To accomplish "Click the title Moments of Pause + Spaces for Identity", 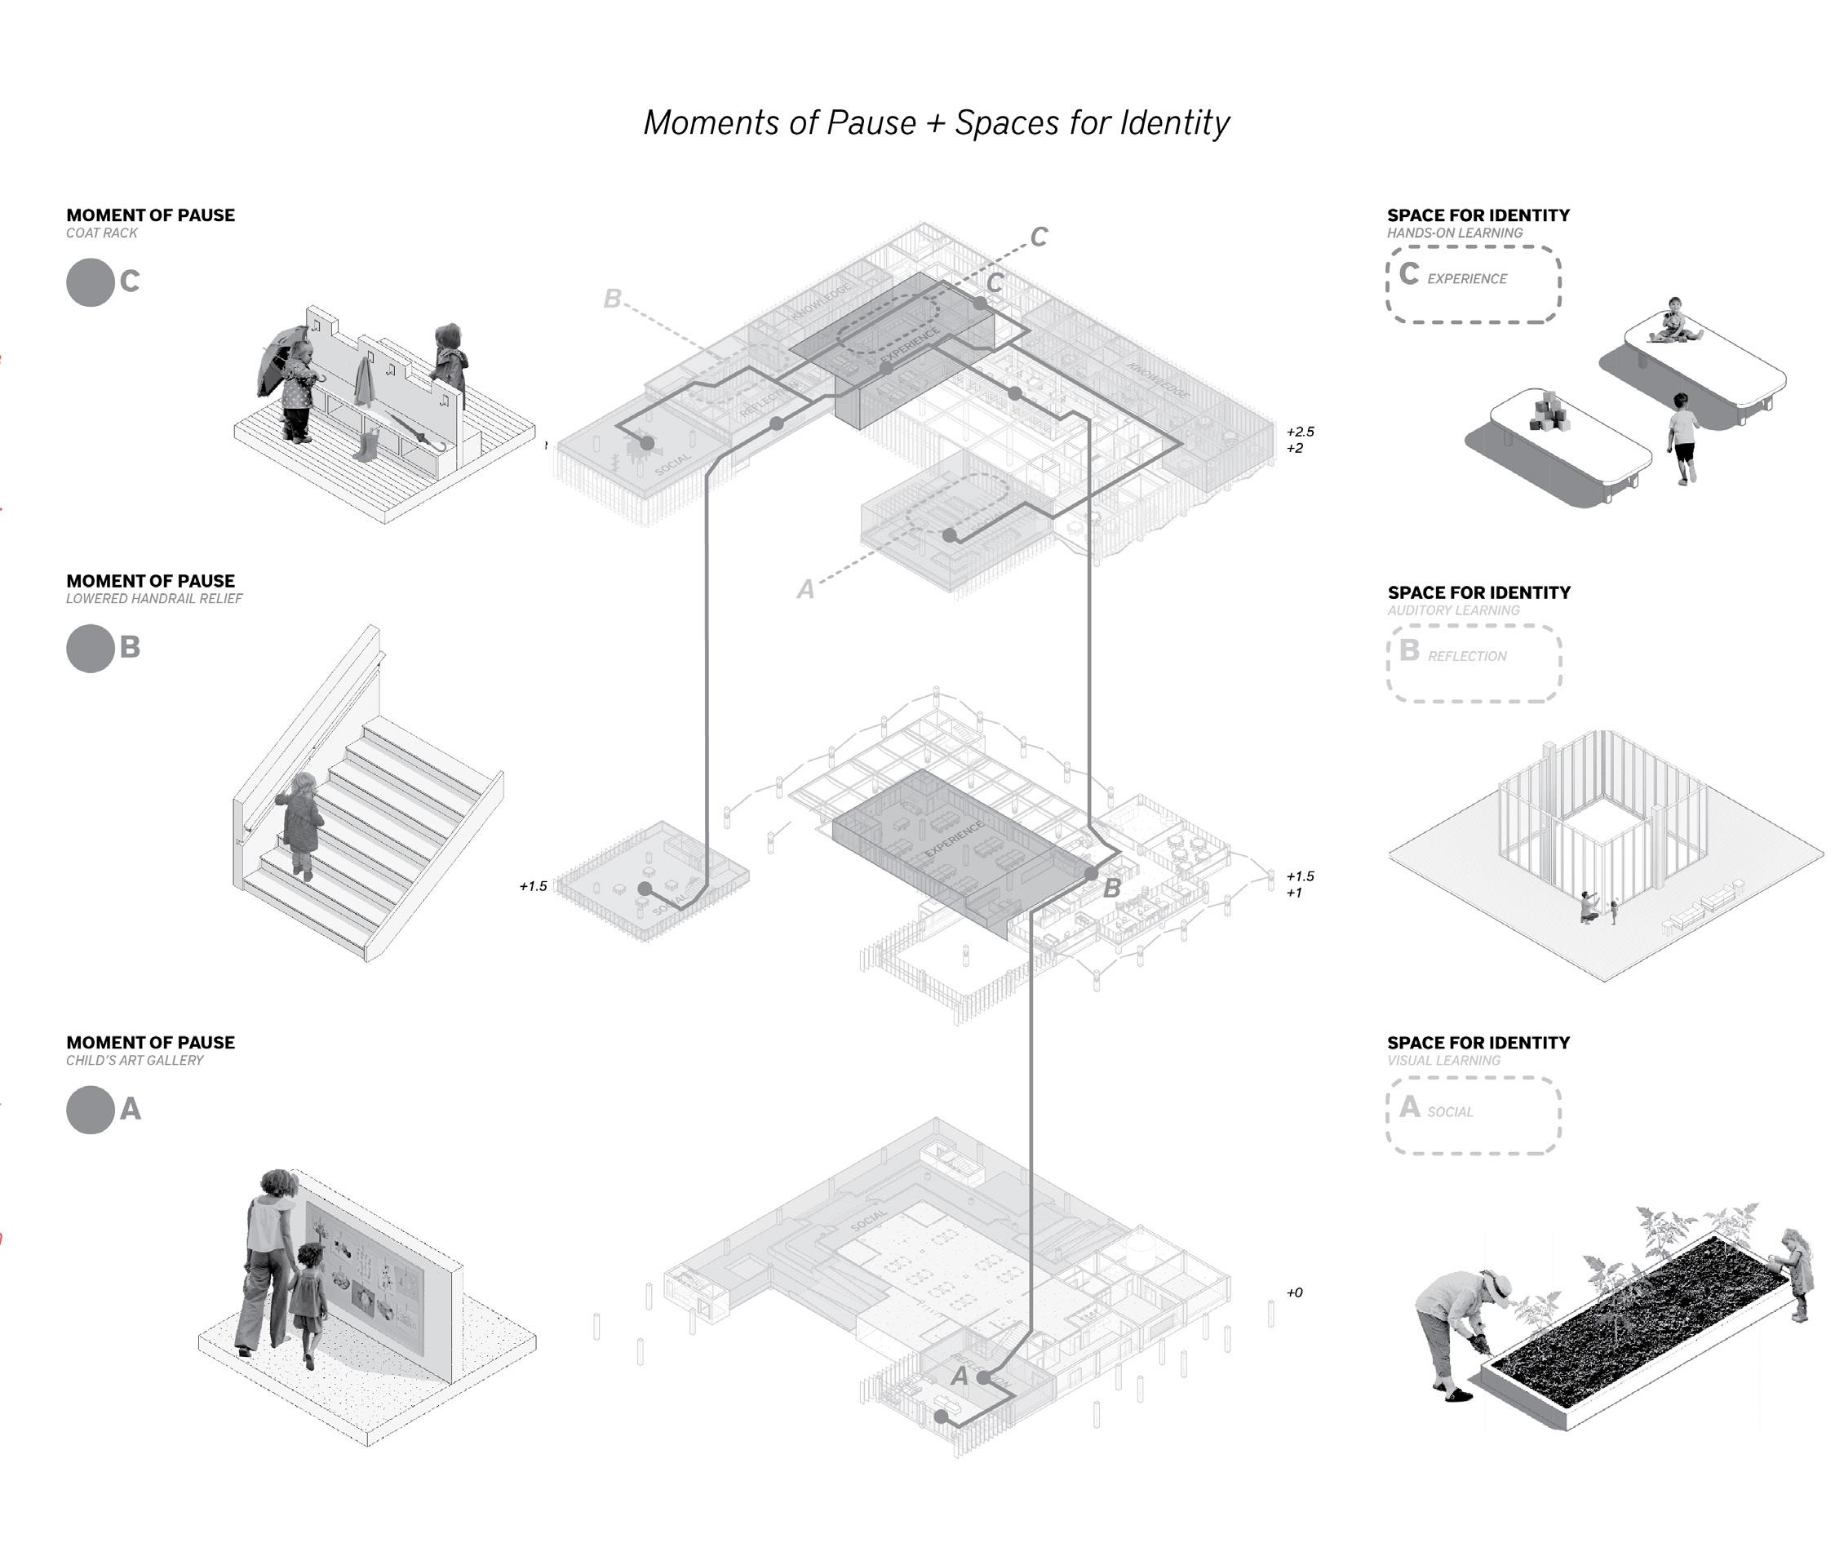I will (x=936, y=123).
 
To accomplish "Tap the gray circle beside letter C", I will (x=90, y=282).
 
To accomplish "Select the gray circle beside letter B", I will (x=90, y=649).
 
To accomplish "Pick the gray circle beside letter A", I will (x=90, y=1110).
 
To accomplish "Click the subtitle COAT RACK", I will (x=101, y=233).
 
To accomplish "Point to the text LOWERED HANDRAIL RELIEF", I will (x=153, y=599).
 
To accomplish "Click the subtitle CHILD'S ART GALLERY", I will (x=134, y=1060).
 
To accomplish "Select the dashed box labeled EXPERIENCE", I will (x=1473, y=284).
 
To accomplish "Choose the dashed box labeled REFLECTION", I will (x=1474, y=663).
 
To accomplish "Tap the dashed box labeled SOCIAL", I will (x=1473, y=1115).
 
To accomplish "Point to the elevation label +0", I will (x=1294, y=1292).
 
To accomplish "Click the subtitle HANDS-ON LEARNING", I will (x=1455, y=233).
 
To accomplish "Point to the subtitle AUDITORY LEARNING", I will (x=1453, y=610).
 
